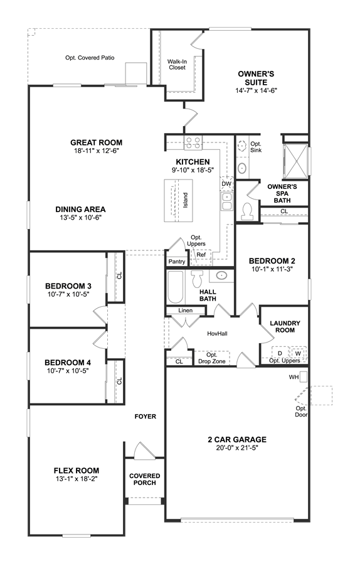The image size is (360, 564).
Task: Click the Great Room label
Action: coord(96,142)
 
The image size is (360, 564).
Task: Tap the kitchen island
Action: coord(178,200)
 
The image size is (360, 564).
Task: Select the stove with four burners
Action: coord(193,142)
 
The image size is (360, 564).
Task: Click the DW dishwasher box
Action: coord(226,184)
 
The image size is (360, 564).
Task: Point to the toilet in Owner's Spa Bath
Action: coord(248,211)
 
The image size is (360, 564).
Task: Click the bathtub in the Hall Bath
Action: coord(176,287)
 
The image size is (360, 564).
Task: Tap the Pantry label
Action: coord(177,262)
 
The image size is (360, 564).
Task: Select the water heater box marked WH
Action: coord(304,376)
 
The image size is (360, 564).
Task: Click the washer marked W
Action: coord(299,353)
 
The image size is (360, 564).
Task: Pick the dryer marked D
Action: coord(280,353)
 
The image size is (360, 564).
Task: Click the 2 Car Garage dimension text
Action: coord(237,448)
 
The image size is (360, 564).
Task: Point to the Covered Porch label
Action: coord(145,479)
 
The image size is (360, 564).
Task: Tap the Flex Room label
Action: coord(77,471)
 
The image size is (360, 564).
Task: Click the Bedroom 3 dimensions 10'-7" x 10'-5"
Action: coord(68,294)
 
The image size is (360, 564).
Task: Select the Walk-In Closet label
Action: coord(177,65)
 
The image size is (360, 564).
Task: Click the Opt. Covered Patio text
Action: coord(90,58)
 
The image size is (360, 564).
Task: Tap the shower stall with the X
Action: coord(295,161)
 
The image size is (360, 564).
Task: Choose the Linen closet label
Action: coord(185,311)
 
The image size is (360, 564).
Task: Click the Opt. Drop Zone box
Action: coord(212,358)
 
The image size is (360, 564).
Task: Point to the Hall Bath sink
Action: coord(221,275)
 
